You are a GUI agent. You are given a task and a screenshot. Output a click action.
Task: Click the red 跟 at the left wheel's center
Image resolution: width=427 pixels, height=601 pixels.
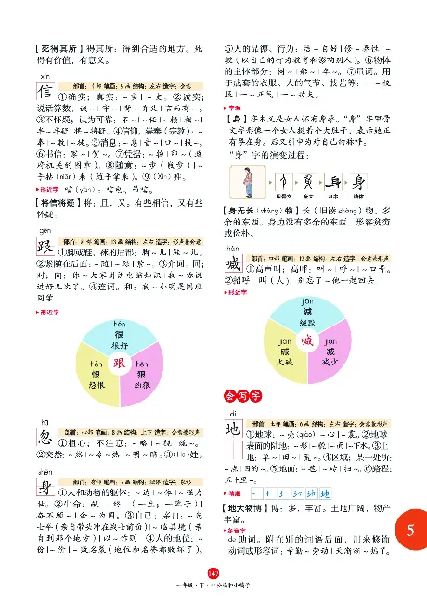point(119,364)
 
